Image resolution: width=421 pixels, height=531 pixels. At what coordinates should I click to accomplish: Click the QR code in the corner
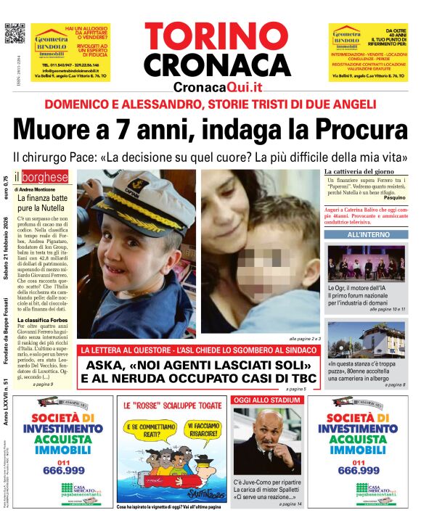click(x=15, y=34)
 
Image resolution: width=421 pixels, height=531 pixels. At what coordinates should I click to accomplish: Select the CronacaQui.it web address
click(x=217, y=87)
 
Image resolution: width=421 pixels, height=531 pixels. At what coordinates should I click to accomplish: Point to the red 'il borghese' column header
click(x=45, y=177)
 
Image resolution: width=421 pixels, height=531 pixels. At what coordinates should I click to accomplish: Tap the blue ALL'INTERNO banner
click(x=368, y=235)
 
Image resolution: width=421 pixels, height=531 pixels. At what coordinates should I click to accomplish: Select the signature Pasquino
click(x=393, y=197)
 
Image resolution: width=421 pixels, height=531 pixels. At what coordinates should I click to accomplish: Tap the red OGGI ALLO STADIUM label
click(x=263, y=400)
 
